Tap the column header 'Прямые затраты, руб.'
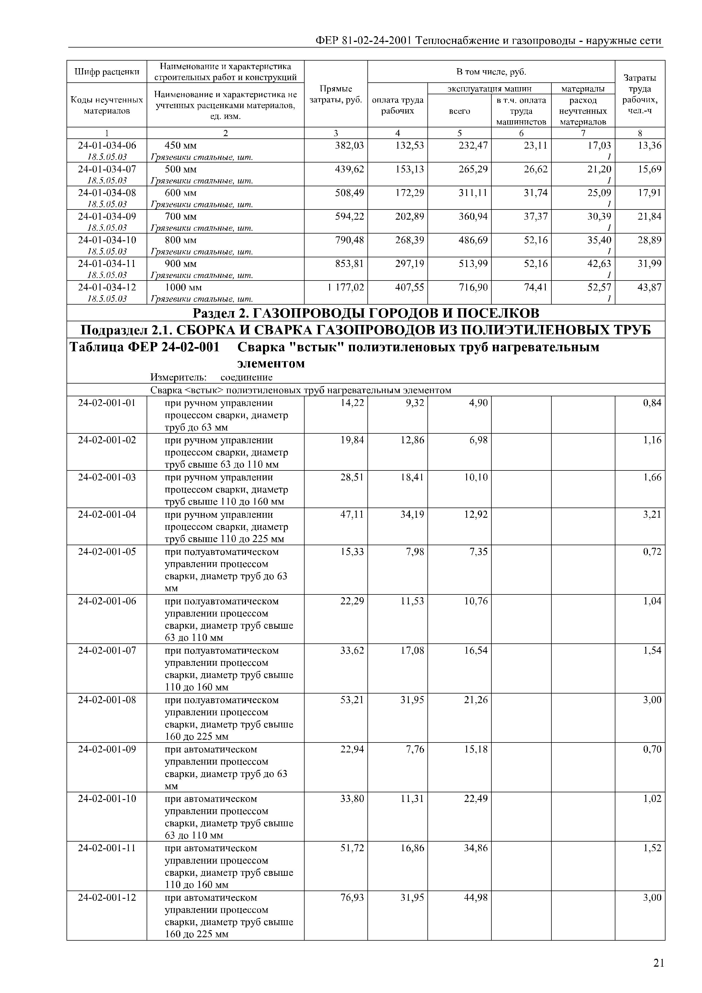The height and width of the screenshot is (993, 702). pos(336,94)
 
